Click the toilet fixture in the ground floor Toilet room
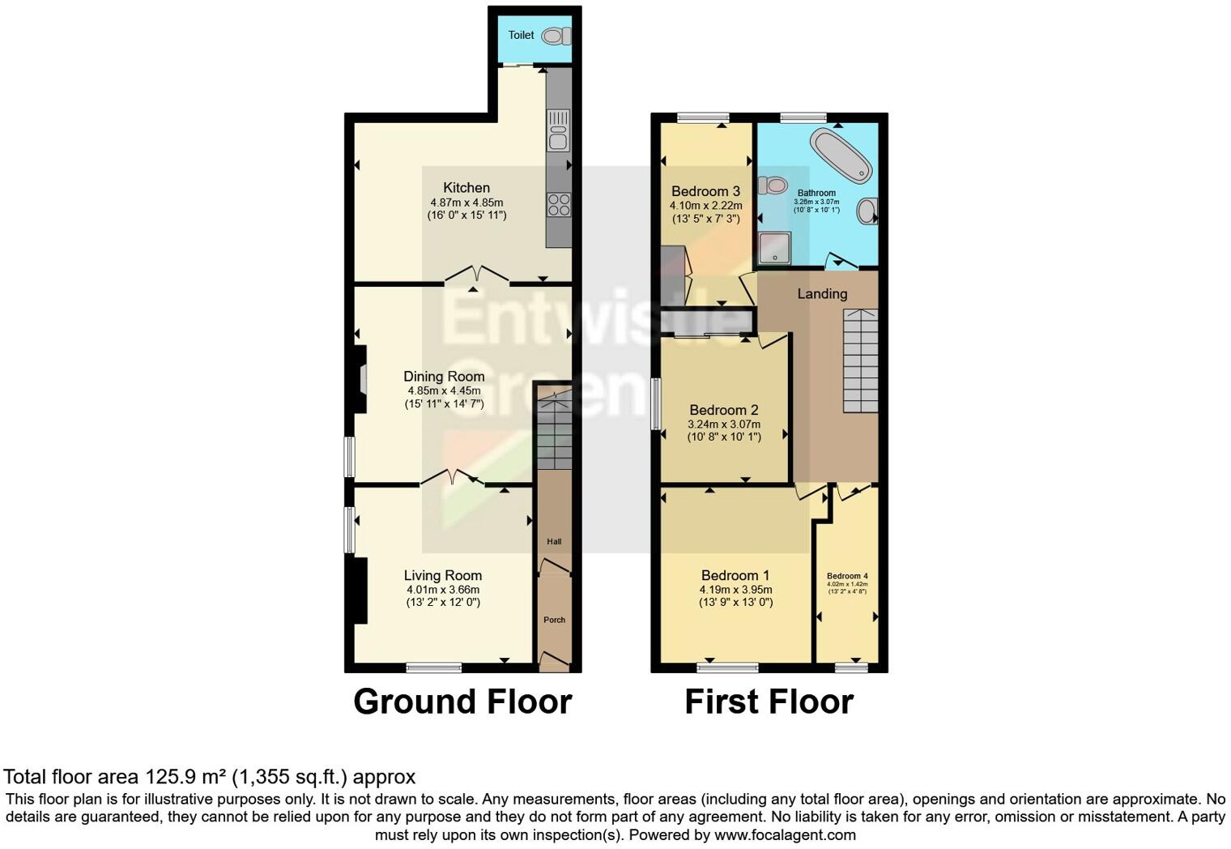(556, 36)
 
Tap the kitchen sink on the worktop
(558, 130)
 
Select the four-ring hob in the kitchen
(558, 203)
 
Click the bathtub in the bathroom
(841, 155)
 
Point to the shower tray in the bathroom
(775, 248)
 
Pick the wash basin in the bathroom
(867, 211)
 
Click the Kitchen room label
(466, 188)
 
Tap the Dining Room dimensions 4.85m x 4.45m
(444, 390)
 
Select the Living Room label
(443, 575)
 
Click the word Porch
(555, 620)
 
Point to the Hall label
(554, 542)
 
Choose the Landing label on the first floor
(822, 294)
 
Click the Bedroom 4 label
(847, 576)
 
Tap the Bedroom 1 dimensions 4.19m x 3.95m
(735, 590)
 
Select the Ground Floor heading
(462, 702)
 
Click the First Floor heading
(769, 702)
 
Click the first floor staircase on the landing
(860, 361)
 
